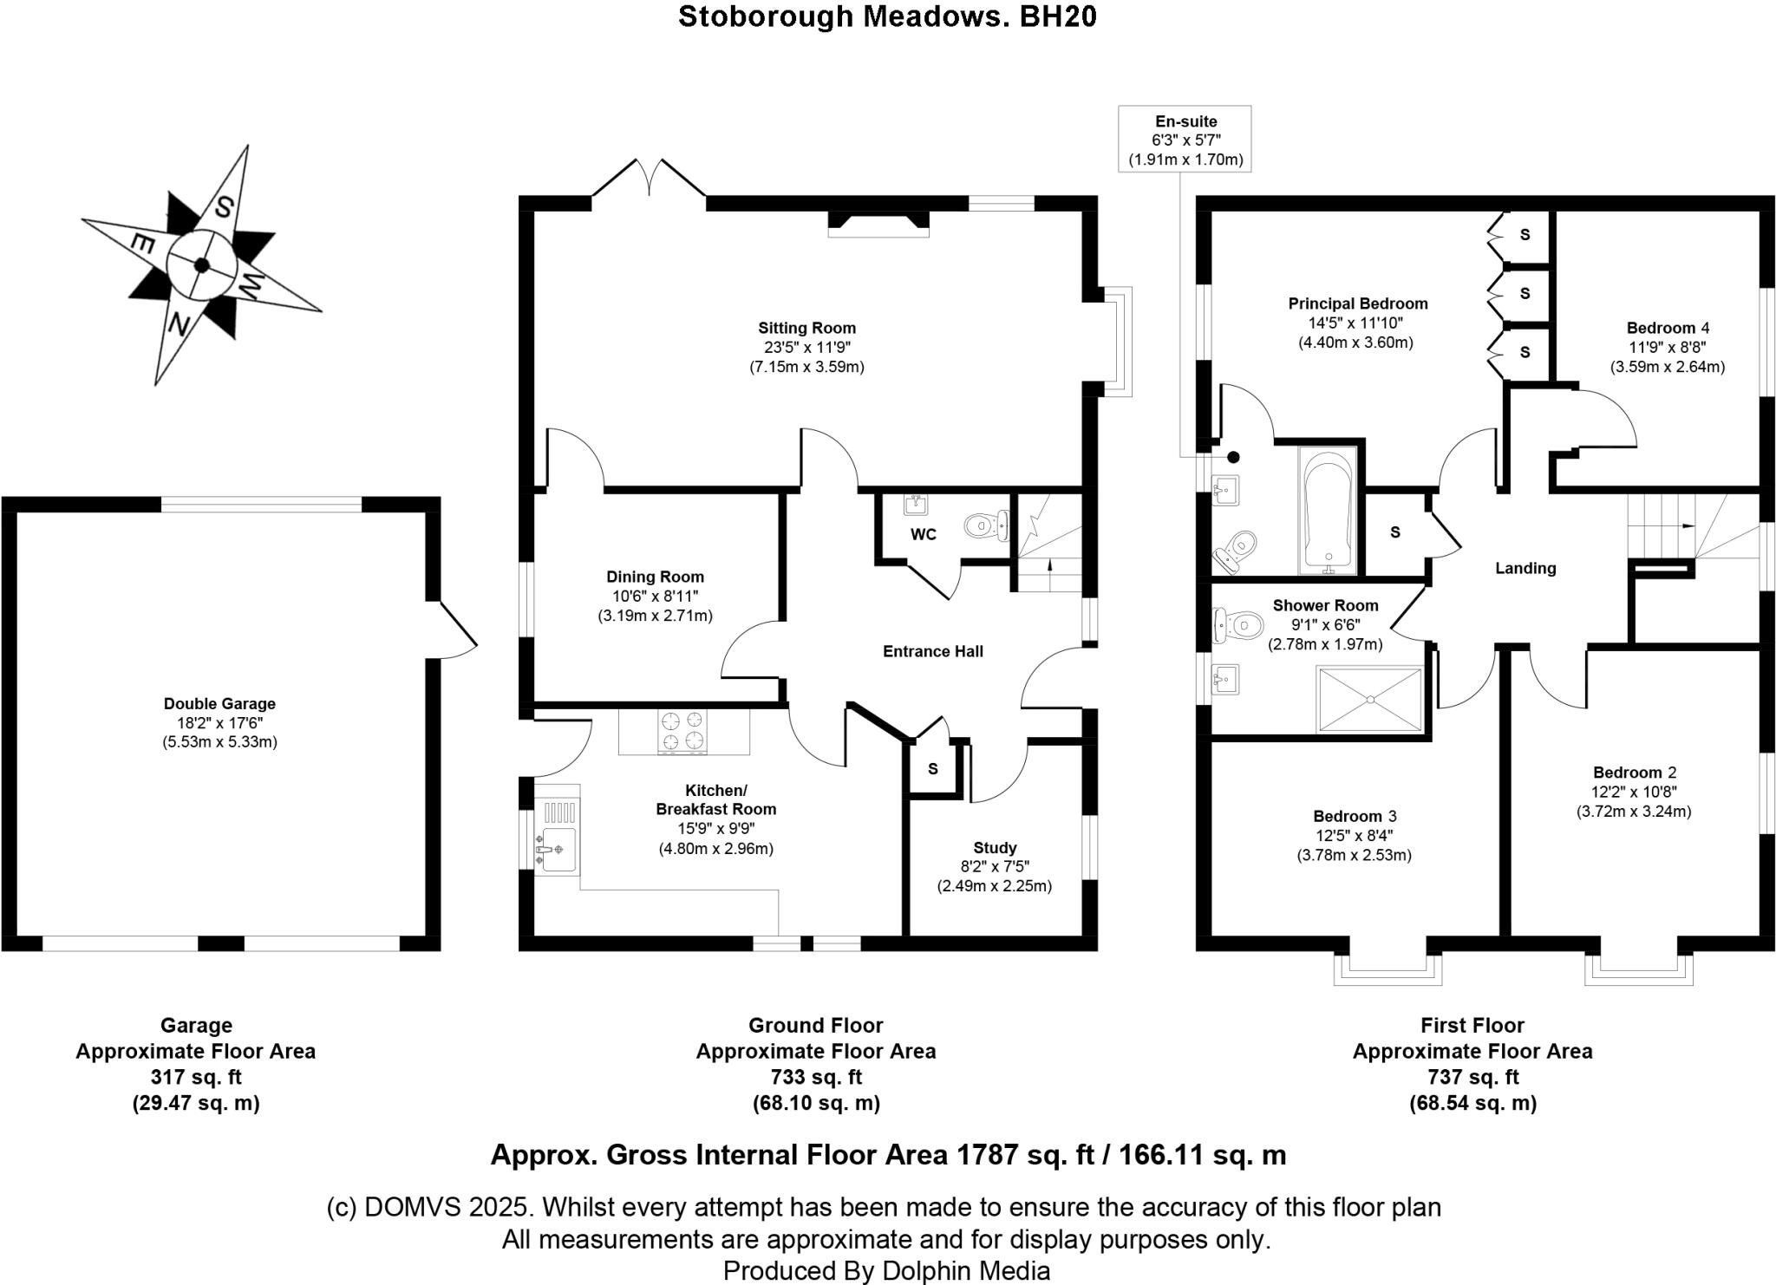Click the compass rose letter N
pyautogui.click(x=180, y=325)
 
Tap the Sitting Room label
pyautogui.click(x=806, y=328)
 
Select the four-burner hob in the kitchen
pyautogui.click(x=682, y=729)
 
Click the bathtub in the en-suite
pyautogui.click(x=1327, y=512)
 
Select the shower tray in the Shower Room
pyautogui.click(x=1369, y=699)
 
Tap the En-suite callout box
pyautogui.click(x=1185, y=140)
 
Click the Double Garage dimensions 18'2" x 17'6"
pyautogui.click(x=219, y=722)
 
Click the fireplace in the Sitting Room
pyautogui.click(x=878, y=224)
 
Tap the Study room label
pyautogui.click(x=994, y=847)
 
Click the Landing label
pyautogui.click(x=1525, y=568)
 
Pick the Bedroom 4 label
pyautogui.click(x=1667, y=328)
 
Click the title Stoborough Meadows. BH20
pyautogui.click(x=887, y=16)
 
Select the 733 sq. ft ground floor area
pyautogui.click(x=815, y=1077)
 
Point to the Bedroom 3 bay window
pyautogui.click(x=1387, y=964)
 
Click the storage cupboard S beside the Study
pyautogui.click(x=933, y=769)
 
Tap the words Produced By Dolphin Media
pyautogui.click(x=886, y=1271)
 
